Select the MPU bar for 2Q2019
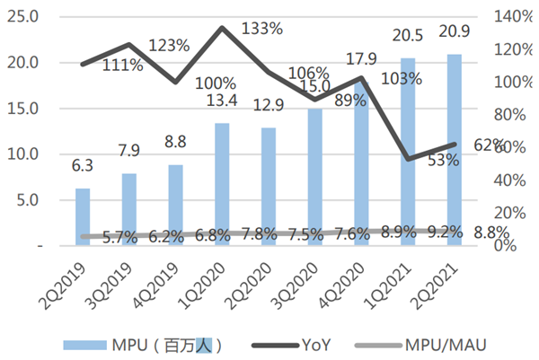click(83, 216)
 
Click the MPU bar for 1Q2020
click(223, 184)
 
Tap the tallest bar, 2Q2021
click(455, 150)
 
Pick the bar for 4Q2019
click(176, 205)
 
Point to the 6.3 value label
click(83, 165)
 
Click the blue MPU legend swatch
click(86, 344)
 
